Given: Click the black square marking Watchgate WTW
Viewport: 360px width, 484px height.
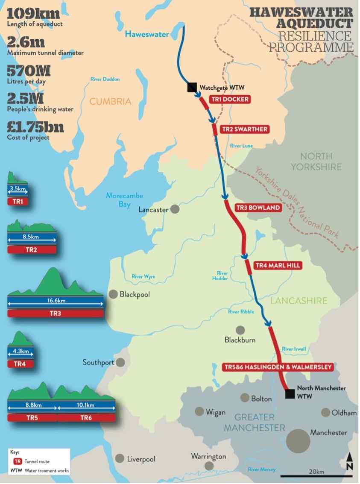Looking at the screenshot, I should pos(192,88).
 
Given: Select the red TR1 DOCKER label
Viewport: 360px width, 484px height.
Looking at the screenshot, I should pos(229,100).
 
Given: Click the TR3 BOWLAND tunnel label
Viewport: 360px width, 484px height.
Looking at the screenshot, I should pos(259,208).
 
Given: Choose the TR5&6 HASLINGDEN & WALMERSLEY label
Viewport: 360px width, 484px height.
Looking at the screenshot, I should pos(278,367).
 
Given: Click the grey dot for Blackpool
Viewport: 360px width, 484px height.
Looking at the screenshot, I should pos(113,294).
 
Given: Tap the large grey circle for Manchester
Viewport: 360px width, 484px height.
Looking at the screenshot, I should pos(298,440).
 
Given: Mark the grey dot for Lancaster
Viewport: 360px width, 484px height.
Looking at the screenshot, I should pos(175,209).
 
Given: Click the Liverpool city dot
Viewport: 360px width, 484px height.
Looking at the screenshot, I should pos(120,458).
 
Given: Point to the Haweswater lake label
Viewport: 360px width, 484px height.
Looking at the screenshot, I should pos(146,34).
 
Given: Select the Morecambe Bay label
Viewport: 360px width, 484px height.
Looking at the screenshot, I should pos(125,200).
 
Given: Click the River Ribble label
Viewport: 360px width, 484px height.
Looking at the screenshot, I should pos(241,312).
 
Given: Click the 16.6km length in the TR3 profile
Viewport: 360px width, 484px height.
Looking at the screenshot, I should pos(55,301).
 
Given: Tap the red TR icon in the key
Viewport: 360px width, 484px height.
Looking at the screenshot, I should pos(18,461).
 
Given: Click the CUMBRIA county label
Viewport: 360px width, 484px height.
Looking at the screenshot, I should pos(110,102).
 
